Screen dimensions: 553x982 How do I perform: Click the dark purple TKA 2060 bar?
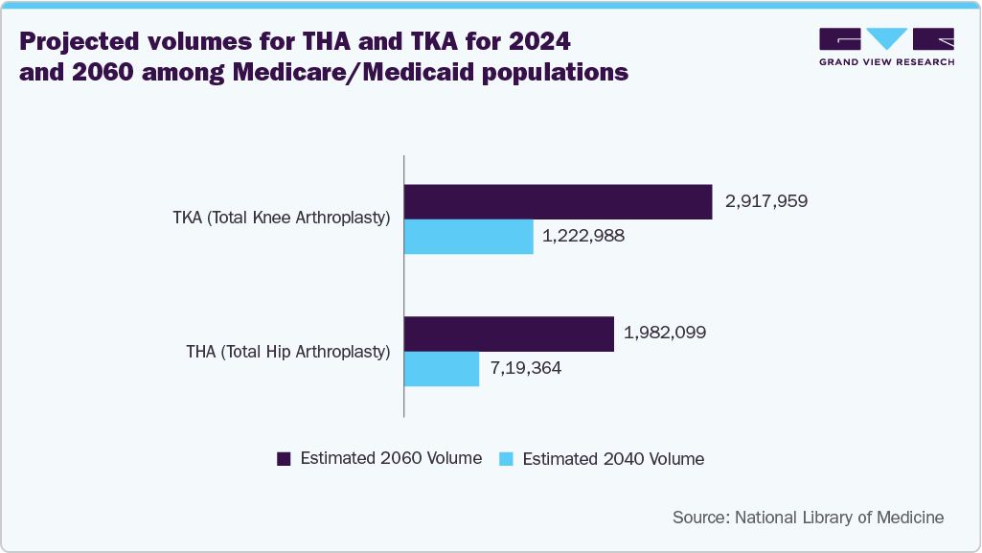(x=558, y=202)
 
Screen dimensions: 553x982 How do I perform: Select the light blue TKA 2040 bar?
(x=468, y=237)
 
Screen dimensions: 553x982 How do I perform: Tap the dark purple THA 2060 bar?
(x=509, y=334)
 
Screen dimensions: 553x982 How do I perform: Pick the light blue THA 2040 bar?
(x=442, y=369)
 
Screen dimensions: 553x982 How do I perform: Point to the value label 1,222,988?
(x=583, y=236)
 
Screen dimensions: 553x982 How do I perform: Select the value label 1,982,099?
(x=665, y=333)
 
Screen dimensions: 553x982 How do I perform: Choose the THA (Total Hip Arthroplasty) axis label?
(x=288, y=352)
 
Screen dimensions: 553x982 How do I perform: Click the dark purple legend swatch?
(x=284, y=459)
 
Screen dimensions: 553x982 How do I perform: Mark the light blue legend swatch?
(x=507, y=459)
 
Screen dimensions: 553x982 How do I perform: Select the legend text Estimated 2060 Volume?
(x=391, y=458)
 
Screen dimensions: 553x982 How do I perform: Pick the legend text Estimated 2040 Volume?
(x=613, y=459)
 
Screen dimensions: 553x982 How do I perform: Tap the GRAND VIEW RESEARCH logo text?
(x=886, y=62)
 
